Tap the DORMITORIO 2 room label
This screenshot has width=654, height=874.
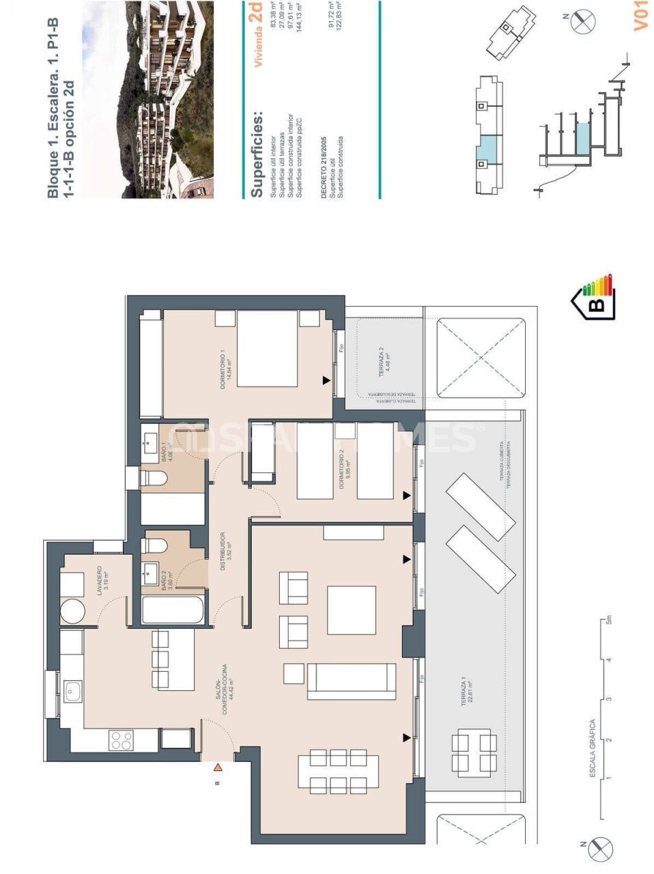click(x=345, y=472)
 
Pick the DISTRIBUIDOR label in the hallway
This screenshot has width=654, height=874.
click(x=226, y=546)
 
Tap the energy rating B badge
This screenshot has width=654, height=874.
click(x=594, y=297)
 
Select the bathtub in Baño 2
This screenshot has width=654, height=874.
click(x=173, y=610)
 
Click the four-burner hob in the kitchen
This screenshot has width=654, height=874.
click(x=122, y=740)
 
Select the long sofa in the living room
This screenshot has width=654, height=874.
click(x=352, y=681)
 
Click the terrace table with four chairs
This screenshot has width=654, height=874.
click(x=474, y=753)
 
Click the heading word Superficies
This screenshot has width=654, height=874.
click(x=257, y=154)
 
